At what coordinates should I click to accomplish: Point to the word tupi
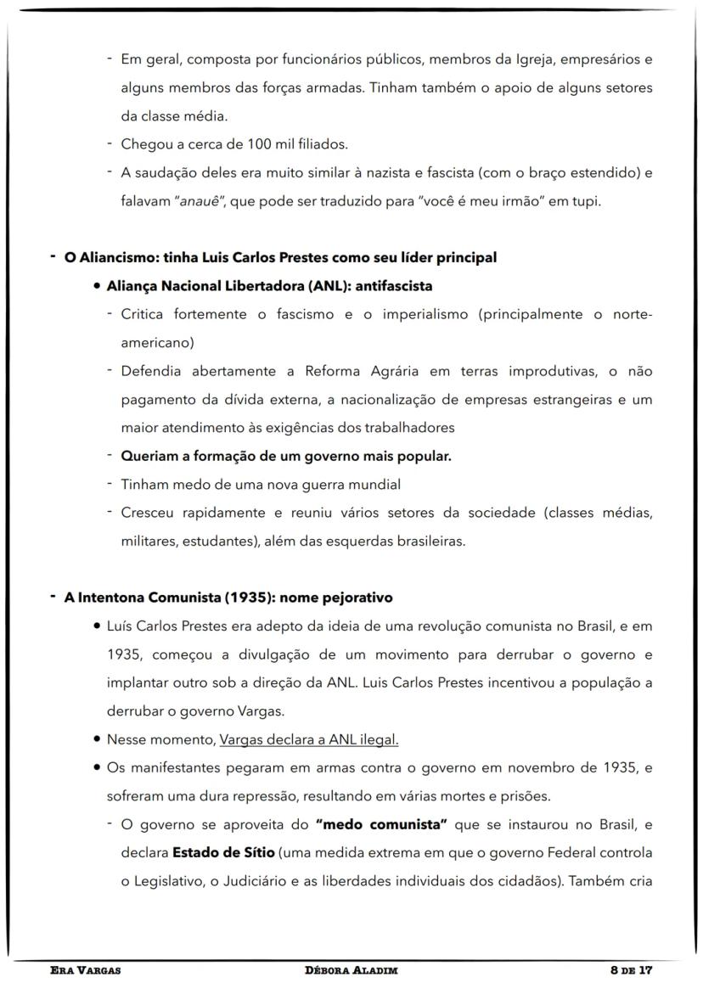(x=586, y=202)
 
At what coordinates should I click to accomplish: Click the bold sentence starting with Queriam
(x=286, y=456)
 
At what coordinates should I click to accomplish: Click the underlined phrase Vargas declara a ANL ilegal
(x=309, y=739)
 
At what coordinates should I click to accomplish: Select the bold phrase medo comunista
(x=381, y=825)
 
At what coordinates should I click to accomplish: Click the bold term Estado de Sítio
(x=223, y=853)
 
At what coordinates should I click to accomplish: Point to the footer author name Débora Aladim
(x=351, y=969)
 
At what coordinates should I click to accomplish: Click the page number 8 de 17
(x=626, y=969)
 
